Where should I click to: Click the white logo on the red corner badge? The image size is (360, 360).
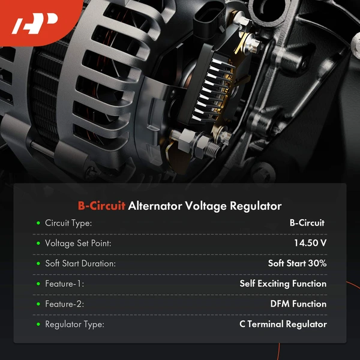34,23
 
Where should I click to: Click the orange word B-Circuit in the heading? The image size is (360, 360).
101,206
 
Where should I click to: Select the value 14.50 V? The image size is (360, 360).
310,243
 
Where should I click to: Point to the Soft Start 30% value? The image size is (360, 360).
297,263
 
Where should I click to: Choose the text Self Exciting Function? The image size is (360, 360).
283,284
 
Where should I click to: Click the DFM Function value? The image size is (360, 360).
298,304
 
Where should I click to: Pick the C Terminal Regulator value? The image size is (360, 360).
283,324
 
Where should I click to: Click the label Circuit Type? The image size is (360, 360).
68,223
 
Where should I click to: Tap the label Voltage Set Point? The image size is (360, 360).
78,244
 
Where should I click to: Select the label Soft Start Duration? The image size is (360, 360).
80,263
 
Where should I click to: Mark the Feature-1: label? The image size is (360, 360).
65,284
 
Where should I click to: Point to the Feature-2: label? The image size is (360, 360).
65,304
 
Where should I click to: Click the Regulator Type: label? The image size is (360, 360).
74,325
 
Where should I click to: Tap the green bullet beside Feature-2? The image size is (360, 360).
38,304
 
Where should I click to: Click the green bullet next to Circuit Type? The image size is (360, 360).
38,223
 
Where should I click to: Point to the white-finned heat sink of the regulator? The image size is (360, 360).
211,89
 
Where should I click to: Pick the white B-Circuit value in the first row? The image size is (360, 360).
307,223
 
